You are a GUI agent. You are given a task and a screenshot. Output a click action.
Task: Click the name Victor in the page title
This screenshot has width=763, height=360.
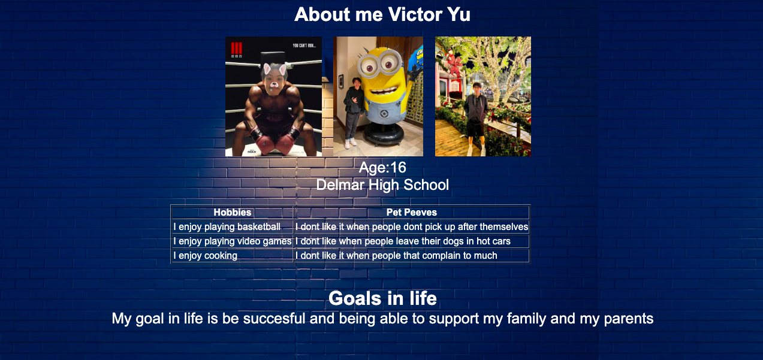tap(415, 14)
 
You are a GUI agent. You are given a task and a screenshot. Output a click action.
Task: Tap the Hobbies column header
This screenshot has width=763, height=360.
tap(233, 212)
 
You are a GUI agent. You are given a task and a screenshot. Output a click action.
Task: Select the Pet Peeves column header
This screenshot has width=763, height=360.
tap(412, 212)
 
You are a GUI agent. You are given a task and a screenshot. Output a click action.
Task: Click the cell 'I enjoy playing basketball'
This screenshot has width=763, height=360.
tap(227, 227)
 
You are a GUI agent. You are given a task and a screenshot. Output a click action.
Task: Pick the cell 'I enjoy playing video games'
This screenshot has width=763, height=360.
tap(233, 241)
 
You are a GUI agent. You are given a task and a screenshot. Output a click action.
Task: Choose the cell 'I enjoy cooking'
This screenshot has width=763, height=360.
tap(205, 256)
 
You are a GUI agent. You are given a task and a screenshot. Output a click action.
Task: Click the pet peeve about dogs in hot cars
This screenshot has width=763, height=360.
tap(403, 241)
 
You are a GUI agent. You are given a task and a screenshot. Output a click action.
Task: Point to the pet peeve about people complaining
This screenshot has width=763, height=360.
tap(396, 256)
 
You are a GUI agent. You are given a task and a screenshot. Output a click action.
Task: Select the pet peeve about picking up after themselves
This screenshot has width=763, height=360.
tap(412, 227)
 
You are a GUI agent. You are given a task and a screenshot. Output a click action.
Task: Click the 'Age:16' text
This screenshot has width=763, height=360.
tap(382, 167)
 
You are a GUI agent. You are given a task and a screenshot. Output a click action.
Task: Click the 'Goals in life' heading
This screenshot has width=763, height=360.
tap(382, 298)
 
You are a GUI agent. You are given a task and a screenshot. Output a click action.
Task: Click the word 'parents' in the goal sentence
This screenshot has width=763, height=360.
tap(629, 319)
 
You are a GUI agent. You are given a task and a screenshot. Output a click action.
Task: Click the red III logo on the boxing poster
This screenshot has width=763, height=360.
tap(236, 48)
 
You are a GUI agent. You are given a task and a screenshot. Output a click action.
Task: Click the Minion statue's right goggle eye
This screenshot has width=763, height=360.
tap(388, 63)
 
